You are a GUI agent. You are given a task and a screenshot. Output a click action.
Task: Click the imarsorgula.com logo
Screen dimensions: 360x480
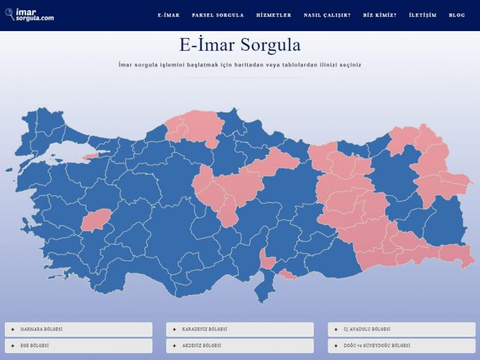(29, 15)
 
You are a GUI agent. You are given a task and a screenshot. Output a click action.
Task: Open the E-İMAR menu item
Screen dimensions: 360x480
(168, 15)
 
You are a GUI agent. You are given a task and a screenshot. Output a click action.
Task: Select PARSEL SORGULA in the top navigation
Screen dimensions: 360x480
(217, 15)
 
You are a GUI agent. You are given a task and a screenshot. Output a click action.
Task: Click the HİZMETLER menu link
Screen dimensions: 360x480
(273, 15)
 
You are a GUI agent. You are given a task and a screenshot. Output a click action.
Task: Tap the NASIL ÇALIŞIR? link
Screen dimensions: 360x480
(327, 15)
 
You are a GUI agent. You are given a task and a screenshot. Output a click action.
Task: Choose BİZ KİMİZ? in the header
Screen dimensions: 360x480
(379, 15)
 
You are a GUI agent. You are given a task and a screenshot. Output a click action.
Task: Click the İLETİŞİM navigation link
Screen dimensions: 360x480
(423, 15)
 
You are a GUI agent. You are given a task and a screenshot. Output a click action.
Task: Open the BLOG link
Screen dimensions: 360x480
(457, 15)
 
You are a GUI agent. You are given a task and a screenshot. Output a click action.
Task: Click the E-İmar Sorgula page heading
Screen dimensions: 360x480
(240, 46)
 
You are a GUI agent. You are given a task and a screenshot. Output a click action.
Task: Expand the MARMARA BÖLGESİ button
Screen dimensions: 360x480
(79, 330)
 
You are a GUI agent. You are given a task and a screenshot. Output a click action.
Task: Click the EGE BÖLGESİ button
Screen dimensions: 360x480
(79, 346)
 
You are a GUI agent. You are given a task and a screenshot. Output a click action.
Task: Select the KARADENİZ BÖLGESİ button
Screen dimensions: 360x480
(240, 330)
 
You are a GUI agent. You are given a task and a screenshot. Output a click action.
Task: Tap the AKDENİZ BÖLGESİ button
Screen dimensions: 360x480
(240, 346)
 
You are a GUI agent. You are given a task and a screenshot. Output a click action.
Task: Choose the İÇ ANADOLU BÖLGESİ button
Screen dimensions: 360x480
(401, 330)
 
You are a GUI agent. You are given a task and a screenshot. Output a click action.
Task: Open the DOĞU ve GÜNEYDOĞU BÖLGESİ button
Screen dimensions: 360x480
(401, 346)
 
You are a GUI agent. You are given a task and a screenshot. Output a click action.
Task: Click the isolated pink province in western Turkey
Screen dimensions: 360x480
(96, 220)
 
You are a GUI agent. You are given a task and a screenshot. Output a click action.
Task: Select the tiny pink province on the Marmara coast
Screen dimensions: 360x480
(90, 156)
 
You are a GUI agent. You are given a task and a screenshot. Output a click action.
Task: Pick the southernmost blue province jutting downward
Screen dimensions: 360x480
(263, 289)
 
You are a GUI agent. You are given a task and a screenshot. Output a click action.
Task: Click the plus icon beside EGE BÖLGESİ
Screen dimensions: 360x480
(13, 346)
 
